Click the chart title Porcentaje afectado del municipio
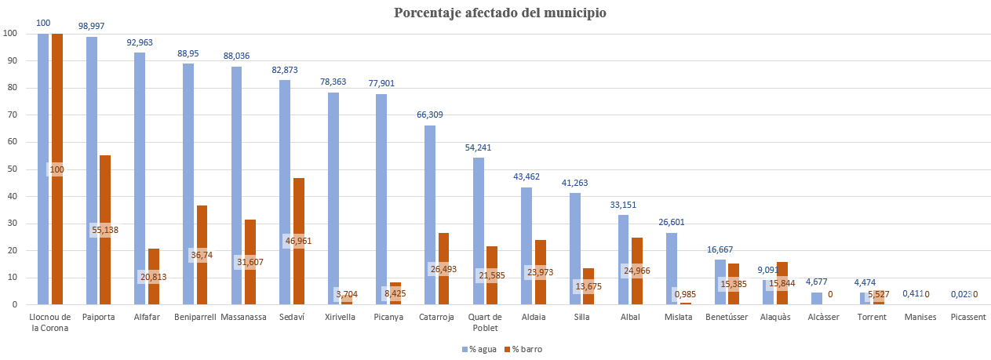pos(500,13)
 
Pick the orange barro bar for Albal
pos(637,251)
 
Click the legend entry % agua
pos(480,349)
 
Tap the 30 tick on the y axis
pos(10,224)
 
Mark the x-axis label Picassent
pos(969,318)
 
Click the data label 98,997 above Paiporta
pos(93,26)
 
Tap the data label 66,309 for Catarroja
pos(430,115)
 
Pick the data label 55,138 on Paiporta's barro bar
pos(105,230)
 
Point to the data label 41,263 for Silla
pos(575,183)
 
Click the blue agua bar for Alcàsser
pos(817,299)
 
